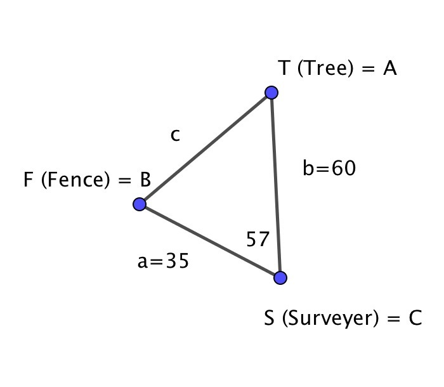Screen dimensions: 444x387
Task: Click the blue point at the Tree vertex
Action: click(x=271, y=93)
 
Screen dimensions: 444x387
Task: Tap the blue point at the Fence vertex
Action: click(x=140, y=204)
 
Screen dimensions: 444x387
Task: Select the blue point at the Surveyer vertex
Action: click(x=280, y=278)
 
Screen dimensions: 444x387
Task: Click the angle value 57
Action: click(x=258, y=239)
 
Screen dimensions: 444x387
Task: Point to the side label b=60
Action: click(x=329, y=167)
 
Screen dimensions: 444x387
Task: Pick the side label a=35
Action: click(x=163, y=261)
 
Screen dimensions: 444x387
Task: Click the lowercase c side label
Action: click(x=175, y=135)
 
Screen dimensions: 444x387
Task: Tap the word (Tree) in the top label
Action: click(x=325, y=69)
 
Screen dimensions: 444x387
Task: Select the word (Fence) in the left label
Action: click(x=75, y=180)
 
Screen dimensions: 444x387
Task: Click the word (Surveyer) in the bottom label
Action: click(x=330, y=318)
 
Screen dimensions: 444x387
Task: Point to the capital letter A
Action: click(x=389, y=69)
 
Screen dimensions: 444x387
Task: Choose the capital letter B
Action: click(x=145, y=180)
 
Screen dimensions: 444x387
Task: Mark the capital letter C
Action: click(x=415, y=318)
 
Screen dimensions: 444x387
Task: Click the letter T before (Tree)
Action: click(x=284, y=68)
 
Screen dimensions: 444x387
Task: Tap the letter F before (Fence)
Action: click(x=28, y=180)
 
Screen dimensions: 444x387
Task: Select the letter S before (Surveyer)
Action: click(x=269, y=318)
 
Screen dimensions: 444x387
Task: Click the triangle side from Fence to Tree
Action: click(x=206, y=148)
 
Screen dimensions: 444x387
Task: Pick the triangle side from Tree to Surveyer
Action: click(x=276, y=185)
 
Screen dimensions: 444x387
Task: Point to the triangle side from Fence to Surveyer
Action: click(x=210, y=241)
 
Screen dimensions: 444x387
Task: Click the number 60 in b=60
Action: click(x=344, y=167)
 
